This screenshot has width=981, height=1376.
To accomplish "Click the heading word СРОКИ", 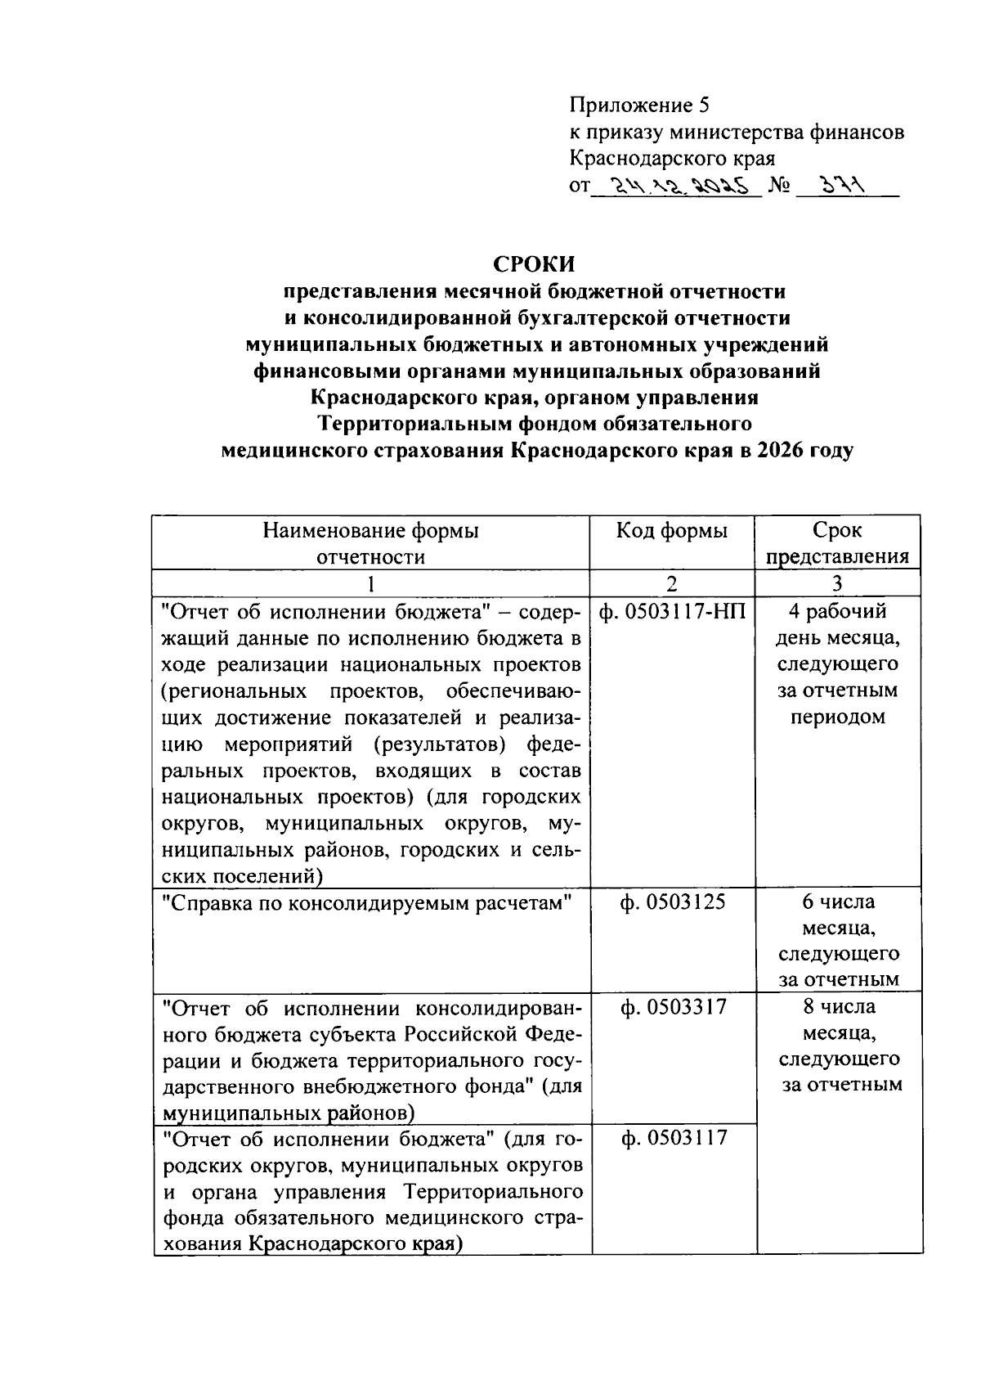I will click(534, 265).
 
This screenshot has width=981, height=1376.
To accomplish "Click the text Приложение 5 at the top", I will click(640, 105).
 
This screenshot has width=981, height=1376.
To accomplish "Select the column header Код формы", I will click(671, 531).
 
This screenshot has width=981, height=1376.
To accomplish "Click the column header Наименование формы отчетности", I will click(371, 543).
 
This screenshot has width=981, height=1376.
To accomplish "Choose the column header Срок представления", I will click(837, 543).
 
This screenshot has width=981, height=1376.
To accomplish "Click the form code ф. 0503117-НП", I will click(671, 611).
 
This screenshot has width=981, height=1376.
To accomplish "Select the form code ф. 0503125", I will click(673, 902).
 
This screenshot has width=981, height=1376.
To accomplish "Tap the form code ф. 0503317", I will click(673, 1007).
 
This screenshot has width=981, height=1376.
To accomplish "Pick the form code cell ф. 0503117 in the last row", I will click(673, 1138).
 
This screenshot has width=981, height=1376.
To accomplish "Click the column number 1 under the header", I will click(371, 583).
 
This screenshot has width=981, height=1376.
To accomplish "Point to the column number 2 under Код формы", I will click(671, 583).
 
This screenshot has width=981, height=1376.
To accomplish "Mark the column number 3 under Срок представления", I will click(837, 583).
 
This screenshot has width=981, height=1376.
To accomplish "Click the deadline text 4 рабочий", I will click(837, 611).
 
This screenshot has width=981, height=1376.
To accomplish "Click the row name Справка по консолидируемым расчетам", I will click(365, 902).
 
